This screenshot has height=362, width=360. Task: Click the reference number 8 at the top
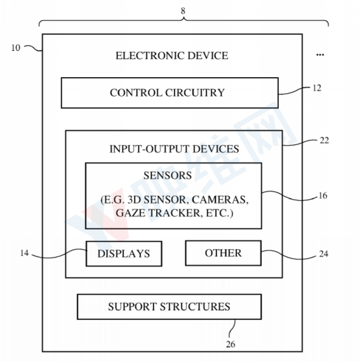[x=183, y=9]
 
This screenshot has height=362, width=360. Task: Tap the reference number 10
[x=15, y=47]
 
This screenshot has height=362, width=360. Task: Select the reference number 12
[x=316, y=88]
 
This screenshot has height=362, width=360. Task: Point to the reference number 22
[x=324, y=141]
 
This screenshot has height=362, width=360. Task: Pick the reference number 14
[x=24, y=253]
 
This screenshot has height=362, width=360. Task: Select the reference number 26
[x=230, y=344]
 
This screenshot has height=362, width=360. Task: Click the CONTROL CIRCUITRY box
[x=169, y=93]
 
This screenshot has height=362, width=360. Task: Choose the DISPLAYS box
[x=123, y=254]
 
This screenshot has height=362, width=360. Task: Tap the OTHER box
[x=223, y=253]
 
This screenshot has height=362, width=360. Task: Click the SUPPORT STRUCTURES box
[x=169, y=307]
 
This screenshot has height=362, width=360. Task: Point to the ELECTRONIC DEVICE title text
[x=171, y=55]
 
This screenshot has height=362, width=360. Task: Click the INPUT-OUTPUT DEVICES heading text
[x=174, y=149]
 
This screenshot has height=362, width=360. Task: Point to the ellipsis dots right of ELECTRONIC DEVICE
[x=320, y=55]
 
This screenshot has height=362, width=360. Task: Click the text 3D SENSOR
[x=160, y=198]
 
